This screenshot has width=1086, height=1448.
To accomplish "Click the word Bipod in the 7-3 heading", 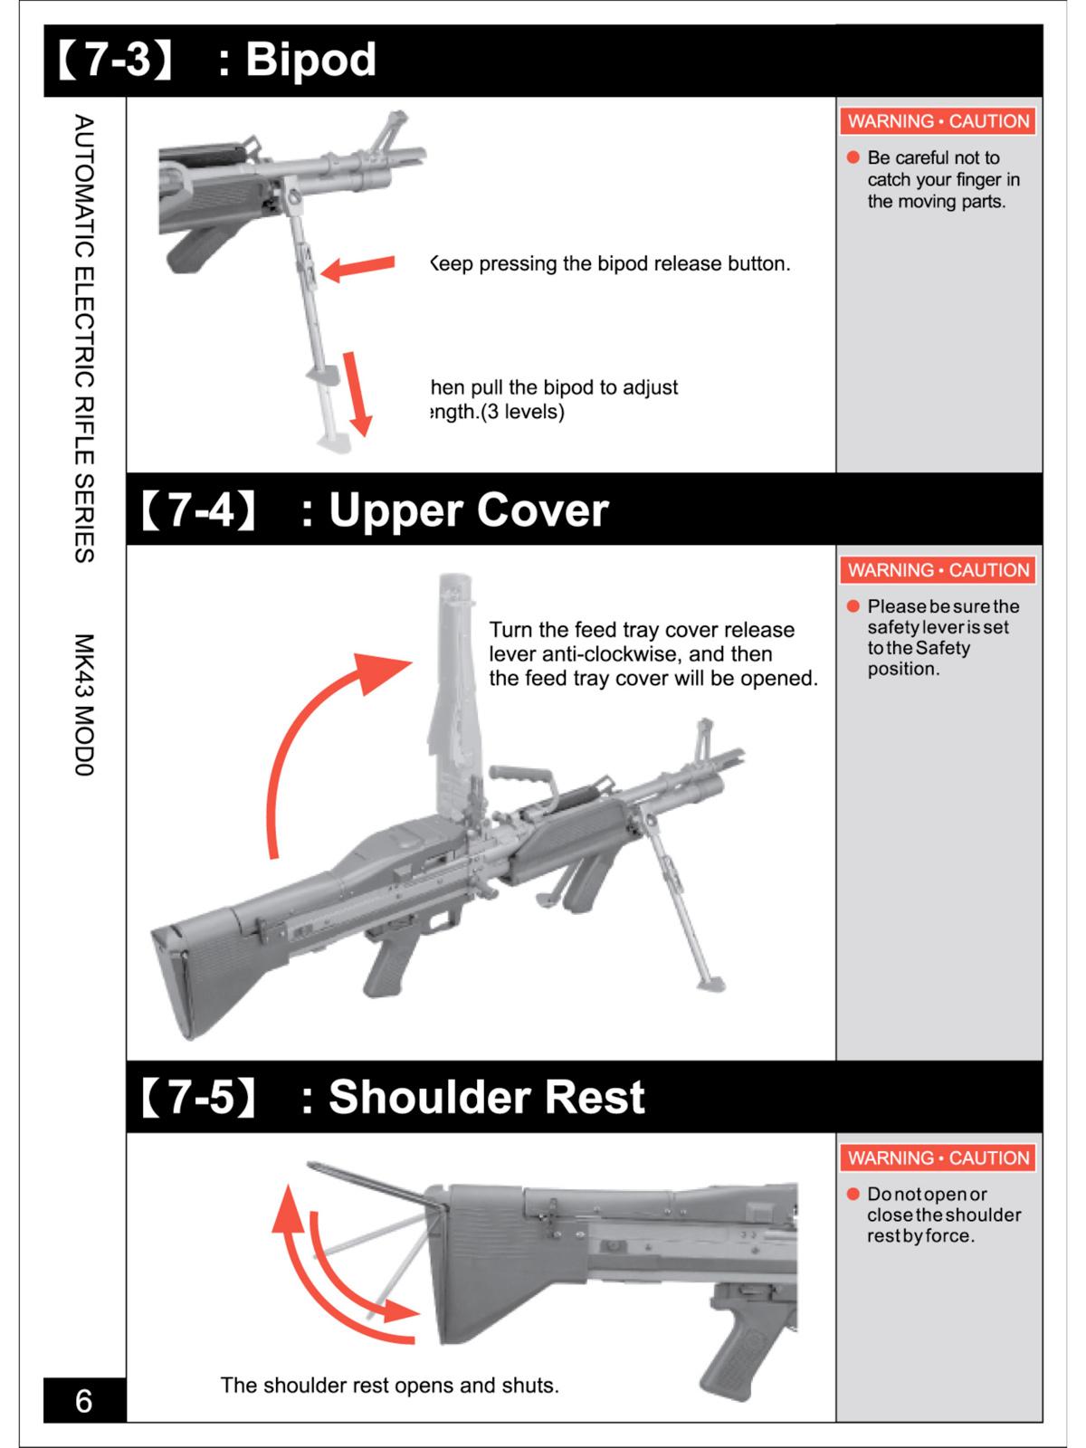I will coord(310,60).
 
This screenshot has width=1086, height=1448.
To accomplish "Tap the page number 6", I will coord(83,1401).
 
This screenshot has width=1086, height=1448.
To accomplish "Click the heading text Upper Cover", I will coord(468,510).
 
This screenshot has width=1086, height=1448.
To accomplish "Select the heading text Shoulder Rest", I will coord(486,1097).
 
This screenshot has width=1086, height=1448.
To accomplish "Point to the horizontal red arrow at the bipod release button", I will coord(358,267).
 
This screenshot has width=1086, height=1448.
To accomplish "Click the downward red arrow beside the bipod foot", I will coord(357,394).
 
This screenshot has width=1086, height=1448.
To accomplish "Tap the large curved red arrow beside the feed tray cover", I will coord(317,733).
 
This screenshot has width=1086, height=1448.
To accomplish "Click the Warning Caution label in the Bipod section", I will coord(938,121).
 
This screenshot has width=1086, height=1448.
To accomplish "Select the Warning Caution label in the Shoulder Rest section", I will coord(938,1157).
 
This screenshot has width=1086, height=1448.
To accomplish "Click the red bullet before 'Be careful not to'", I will coord(853,157).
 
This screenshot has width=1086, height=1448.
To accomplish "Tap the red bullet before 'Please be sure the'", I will coord(853,606).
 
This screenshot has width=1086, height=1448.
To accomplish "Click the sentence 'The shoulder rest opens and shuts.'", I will coord(390,1386).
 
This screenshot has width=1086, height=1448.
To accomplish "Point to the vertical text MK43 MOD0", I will coord(84,705).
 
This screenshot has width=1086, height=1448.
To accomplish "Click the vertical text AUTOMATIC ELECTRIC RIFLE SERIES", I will coord(84,338).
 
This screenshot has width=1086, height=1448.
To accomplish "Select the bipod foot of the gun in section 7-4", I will coord(712,981).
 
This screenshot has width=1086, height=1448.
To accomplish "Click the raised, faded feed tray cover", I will coord(457,688).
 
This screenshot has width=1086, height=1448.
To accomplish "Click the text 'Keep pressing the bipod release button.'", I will coord(610,264).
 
